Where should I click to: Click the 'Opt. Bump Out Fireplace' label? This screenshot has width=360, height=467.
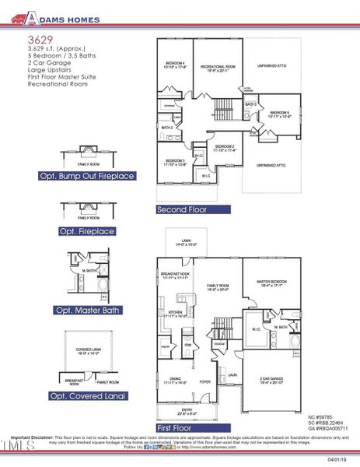87,177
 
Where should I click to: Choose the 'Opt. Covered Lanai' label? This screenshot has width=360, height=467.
87,396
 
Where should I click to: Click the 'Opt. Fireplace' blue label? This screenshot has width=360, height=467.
87,232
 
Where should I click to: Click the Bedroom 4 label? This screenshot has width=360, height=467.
175,65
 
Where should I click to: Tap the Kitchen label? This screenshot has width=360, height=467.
174,314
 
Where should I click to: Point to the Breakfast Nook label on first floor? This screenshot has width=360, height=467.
175,276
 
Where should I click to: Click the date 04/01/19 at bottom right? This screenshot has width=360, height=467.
340,459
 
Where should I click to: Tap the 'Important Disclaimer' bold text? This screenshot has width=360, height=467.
32,437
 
